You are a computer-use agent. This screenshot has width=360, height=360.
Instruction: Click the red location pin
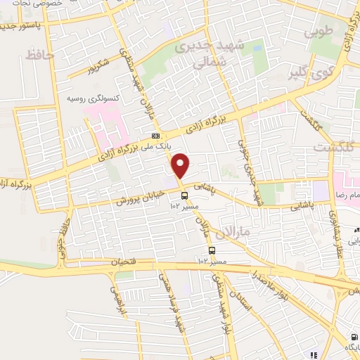(x=181, y=165)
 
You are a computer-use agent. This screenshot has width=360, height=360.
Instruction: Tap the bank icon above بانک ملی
(x=155, y=136)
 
